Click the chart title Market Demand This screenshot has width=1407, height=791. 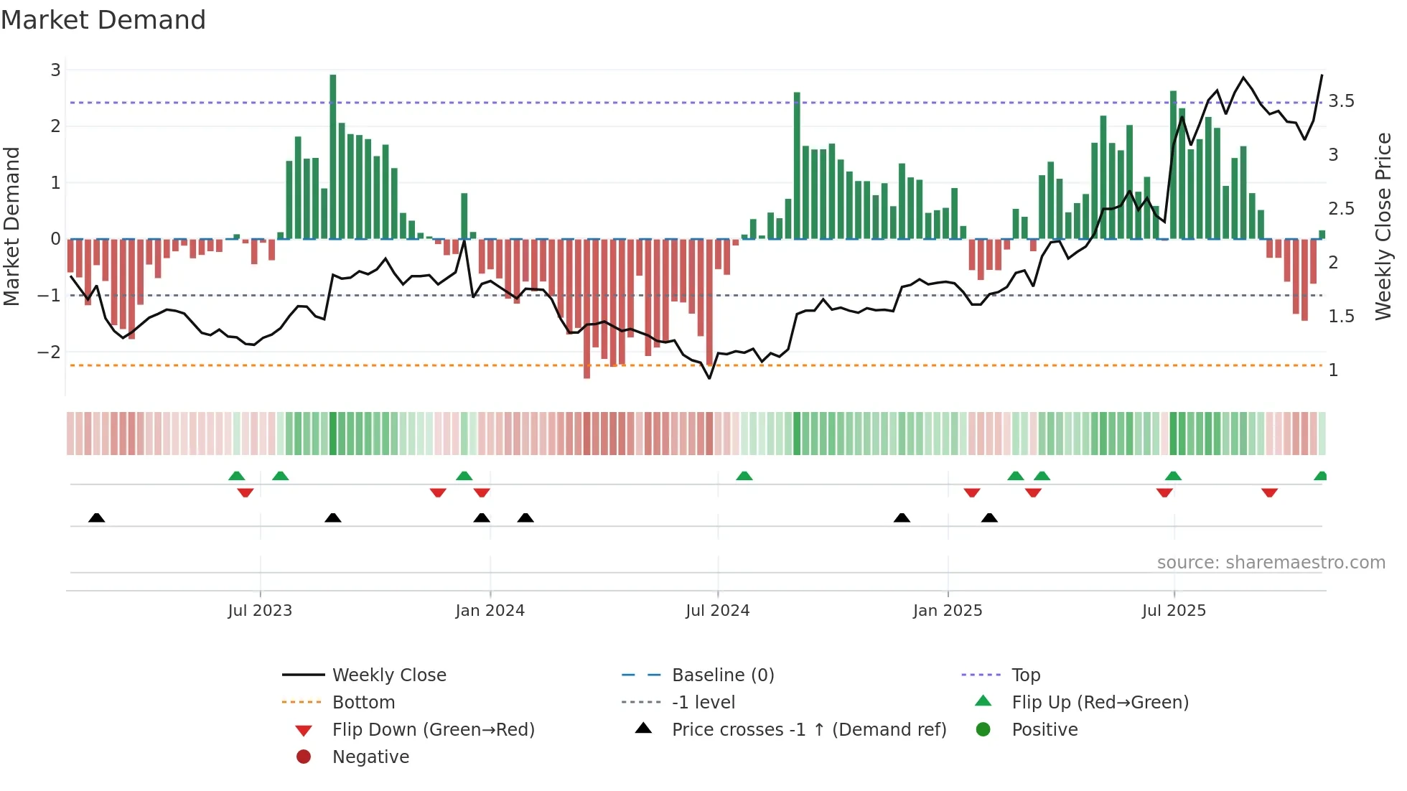click(x=103, y=20)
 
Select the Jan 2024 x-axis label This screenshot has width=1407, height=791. click(x=490, y=611)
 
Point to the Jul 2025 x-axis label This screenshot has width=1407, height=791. click(x=1174, y=611)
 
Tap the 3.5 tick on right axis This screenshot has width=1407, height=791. click(x=1341, y=101)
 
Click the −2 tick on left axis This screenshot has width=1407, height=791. click(x=49, y=352)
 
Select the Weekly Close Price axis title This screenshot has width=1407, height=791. click(x=1383, y=226)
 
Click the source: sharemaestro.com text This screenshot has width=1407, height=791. click(x=1271, y=563)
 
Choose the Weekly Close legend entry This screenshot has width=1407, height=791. click(x=388, y=675)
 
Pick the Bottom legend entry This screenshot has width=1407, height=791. click(x=363, y=703)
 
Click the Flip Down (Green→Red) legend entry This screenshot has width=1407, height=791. click(x=433, y=730)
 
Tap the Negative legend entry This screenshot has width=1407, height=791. click(x=370, y=757)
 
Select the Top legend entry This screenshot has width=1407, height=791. click(x=1025, y=675)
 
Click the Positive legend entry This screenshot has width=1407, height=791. click(x=1044, y=730)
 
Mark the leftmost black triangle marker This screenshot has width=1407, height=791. click(x=96, y=518)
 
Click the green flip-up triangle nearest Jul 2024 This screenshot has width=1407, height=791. click(x=744, y=476)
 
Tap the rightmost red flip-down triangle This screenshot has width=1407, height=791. click(x=1269, y=492)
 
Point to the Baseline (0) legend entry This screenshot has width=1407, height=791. click(x=722, y=675)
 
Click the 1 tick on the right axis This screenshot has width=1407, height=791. click(x=1333, y=370)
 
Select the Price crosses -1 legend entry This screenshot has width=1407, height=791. click(x=808, y=730)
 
